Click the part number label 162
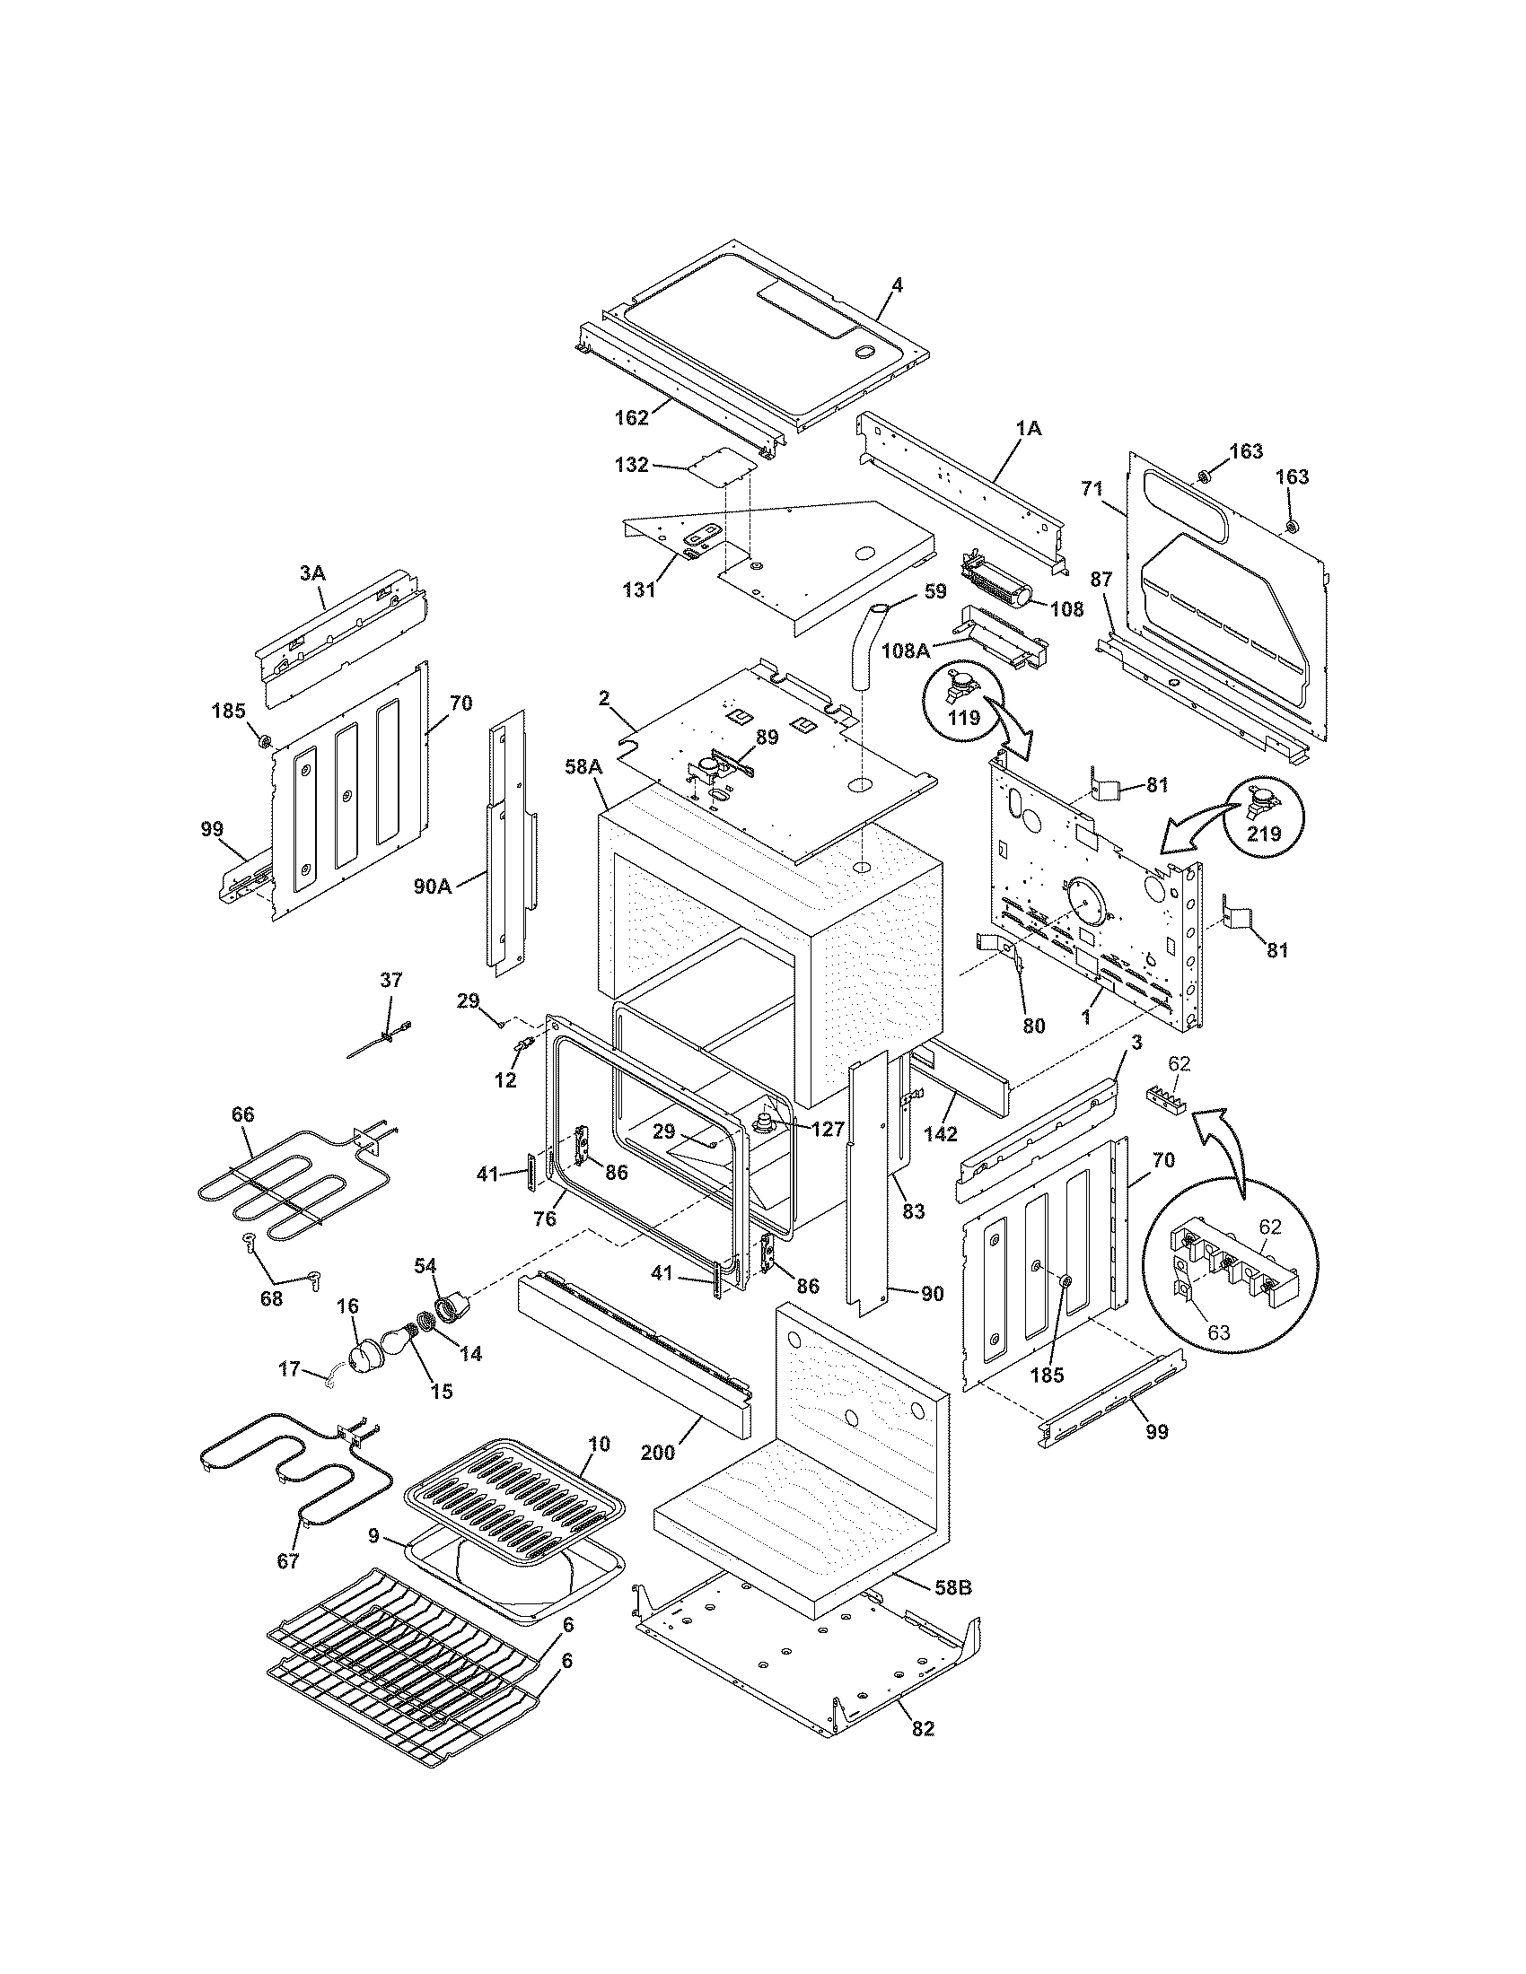click(631, 417)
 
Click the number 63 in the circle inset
click(1219, 1332)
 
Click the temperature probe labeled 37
click(380, 1038)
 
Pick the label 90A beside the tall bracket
click(432, 887)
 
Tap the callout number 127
click(828, 1129)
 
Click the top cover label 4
click(897, 284)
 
